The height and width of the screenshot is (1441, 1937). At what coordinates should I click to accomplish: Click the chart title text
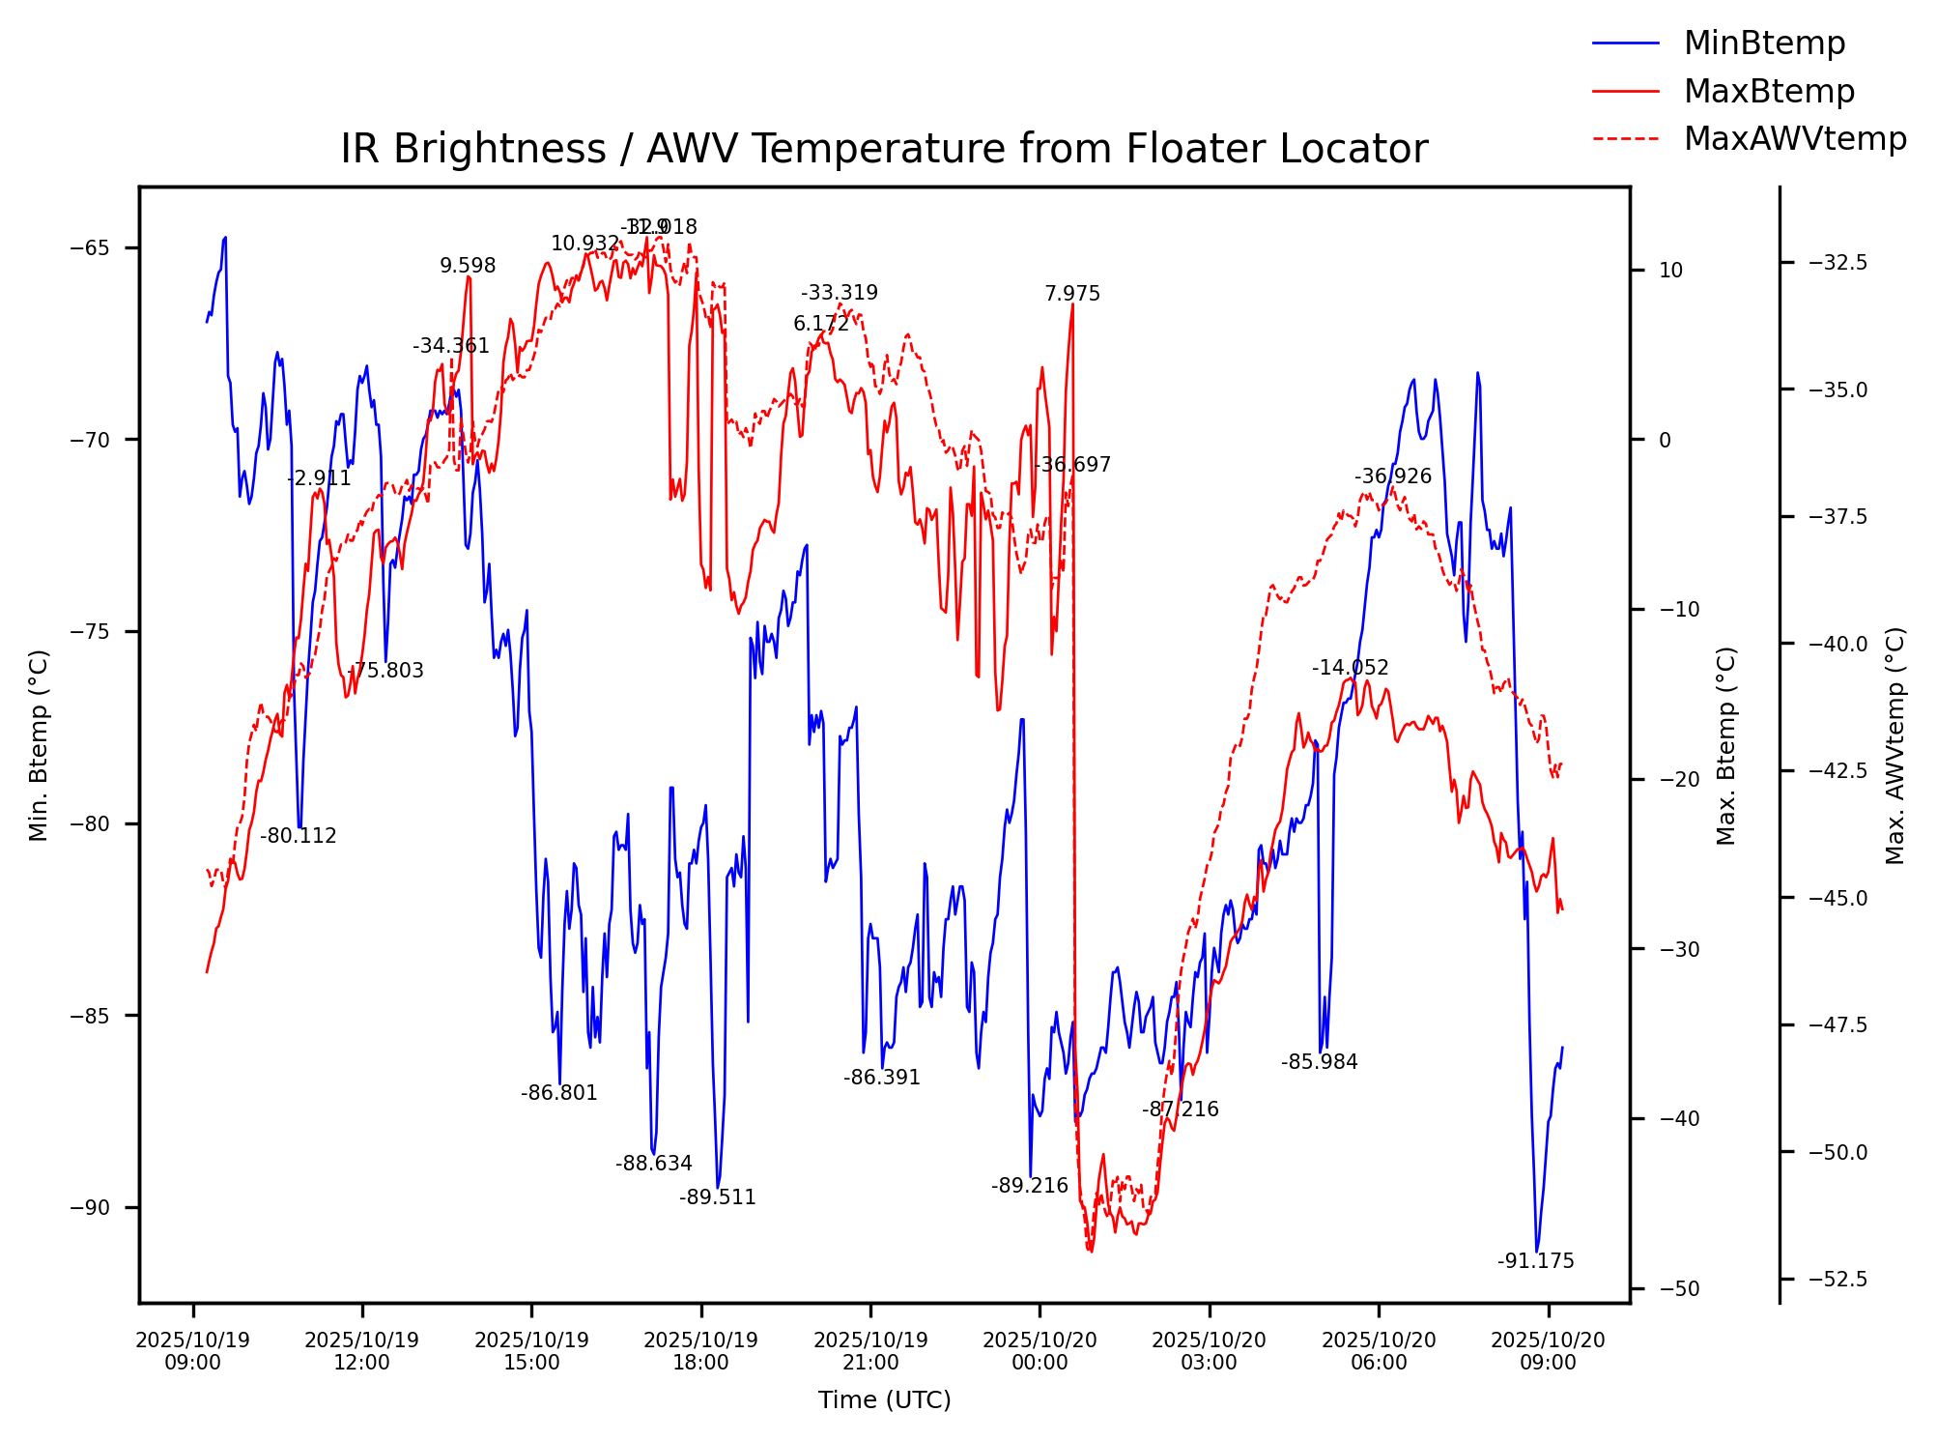pos(884,150)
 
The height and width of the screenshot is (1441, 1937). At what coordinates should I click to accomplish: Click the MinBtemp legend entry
pos(1763,43)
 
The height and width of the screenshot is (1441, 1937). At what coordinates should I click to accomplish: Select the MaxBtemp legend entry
pos(1768,92)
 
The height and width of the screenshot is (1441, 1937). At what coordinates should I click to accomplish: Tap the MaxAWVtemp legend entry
pos(1794,139)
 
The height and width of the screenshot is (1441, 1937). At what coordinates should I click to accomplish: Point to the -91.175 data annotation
pos(1535,1261)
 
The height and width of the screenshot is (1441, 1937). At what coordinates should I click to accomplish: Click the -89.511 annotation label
pos(717,1197)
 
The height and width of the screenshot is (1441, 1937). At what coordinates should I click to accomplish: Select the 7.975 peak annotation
pos(1071,294)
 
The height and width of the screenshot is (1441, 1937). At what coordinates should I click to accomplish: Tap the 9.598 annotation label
pos(468,266)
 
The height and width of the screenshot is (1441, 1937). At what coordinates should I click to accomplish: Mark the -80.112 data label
pos(298,836)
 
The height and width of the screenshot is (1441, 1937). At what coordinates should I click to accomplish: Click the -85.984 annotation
pos(1319,1062)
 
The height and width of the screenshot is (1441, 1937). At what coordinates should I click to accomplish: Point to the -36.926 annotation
pos(1392,476)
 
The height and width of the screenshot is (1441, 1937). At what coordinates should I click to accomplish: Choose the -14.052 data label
pos(1350,668)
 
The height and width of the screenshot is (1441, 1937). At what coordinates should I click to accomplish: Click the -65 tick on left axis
pos(90,247)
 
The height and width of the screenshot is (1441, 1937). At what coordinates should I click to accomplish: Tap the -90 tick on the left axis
pos(90,1208)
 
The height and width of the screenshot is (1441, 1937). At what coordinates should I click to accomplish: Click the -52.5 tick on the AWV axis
pos(1837,1280)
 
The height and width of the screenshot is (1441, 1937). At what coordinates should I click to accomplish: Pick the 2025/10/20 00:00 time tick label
pos(1040,1351)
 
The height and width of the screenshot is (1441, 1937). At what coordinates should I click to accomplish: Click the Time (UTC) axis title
pos(884,1400)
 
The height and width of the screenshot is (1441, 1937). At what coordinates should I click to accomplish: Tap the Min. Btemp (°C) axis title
pos(39,745)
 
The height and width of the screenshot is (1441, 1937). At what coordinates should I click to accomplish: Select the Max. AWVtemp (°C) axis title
pos(1894,745)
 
